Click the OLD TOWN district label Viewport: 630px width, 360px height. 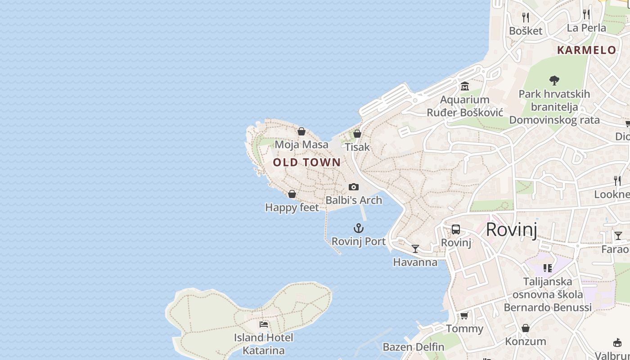307,162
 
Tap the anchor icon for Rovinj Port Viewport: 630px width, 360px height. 359,228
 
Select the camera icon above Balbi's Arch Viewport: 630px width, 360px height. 354,187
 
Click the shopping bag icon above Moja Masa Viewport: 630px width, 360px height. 301,131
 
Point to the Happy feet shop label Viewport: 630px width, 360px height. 292,207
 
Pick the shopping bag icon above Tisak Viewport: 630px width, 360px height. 357,134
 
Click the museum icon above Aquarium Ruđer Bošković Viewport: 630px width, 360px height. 465,86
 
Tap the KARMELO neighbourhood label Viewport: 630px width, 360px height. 586,50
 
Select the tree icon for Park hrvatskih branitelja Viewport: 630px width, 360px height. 554,81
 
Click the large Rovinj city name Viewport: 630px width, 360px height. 512,229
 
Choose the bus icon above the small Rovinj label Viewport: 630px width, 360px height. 456,229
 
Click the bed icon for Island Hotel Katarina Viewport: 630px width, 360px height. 264,324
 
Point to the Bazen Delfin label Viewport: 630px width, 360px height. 413,347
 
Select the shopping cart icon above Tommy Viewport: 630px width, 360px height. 464,315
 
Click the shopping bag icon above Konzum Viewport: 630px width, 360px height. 525,328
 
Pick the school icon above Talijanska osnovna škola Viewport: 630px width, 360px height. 548,268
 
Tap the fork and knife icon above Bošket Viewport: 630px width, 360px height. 526,17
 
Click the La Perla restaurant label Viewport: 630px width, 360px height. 586,28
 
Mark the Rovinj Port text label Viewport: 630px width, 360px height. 359,242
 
